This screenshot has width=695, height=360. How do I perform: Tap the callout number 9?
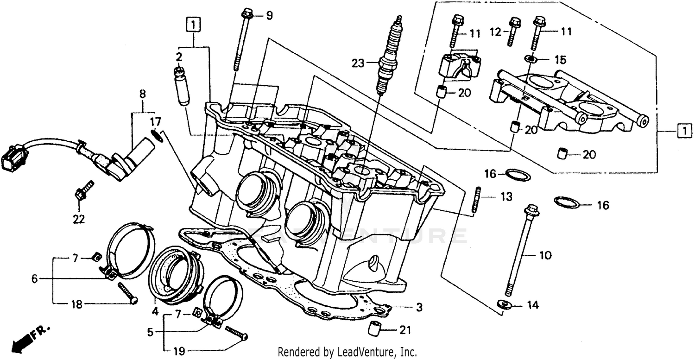269,16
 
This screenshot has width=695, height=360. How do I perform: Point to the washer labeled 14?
504,304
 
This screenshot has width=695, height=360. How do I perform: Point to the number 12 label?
496,32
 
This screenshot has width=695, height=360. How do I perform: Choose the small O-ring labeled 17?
157,136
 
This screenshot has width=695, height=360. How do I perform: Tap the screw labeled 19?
237,334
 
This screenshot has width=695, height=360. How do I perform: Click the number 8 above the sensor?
142,94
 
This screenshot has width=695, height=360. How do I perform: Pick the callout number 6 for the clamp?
34,278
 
